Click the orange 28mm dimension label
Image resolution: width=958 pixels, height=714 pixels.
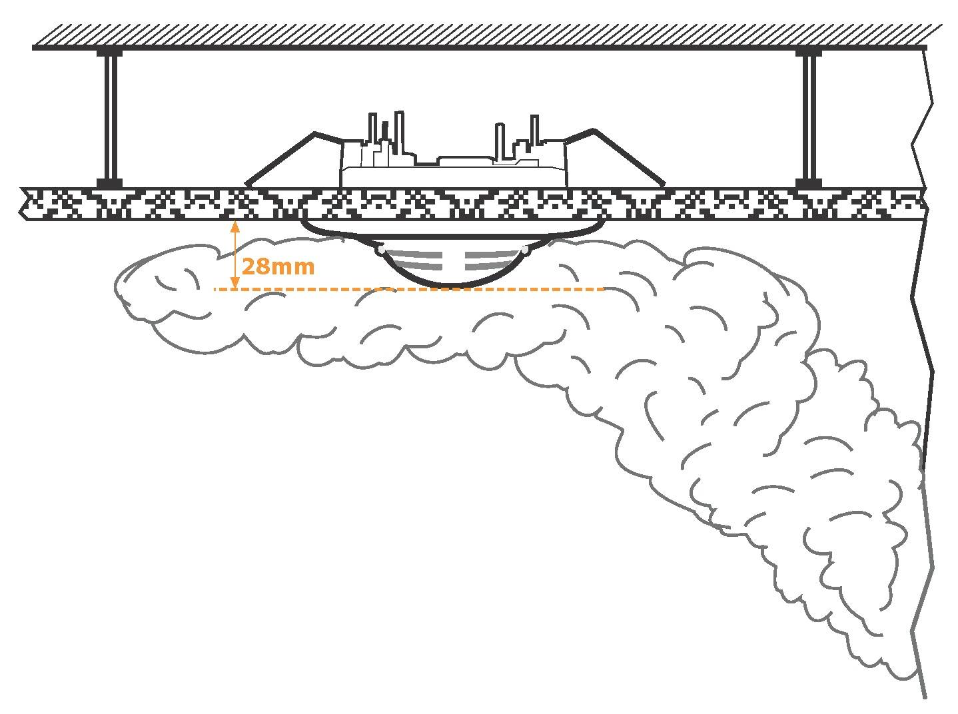pyautogui.click(x=277, y=266)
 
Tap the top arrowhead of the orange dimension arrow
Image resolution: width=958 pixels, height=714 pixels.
pyautogui.click(x=234, y=226)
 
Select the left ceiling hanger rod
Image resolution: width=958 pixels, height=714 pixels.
pyautogui.click(x=110, y=117)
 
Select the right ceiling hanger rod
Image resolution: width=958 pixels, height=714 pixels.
pyautogui.click(x=809, y=117)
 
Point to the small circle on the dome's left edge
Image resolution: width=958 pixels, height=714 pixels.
pyautogui.click(x=379, y=251)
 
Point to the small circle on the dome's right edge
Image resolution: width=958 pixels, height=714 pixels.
pyautogui.click(x=526, y=250)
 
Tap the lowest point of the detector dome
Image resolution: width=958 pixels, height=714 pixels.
pyautogui.click(x=453, y=286)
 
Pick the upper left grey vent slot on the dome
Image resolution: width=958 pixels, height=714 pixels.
pyautogui.click(x=416, y=254)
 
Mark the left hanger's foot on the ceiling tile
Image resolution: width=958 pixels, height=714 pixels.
pyautogui.click(x=110, y=183)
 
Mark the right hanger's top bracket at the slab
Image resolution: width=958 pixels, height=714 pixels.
pyautogui.click(x=809, y=52)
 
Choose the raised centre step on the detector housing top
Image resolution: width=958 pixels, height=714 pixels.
pyautogui.click(x=464, y=160)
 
